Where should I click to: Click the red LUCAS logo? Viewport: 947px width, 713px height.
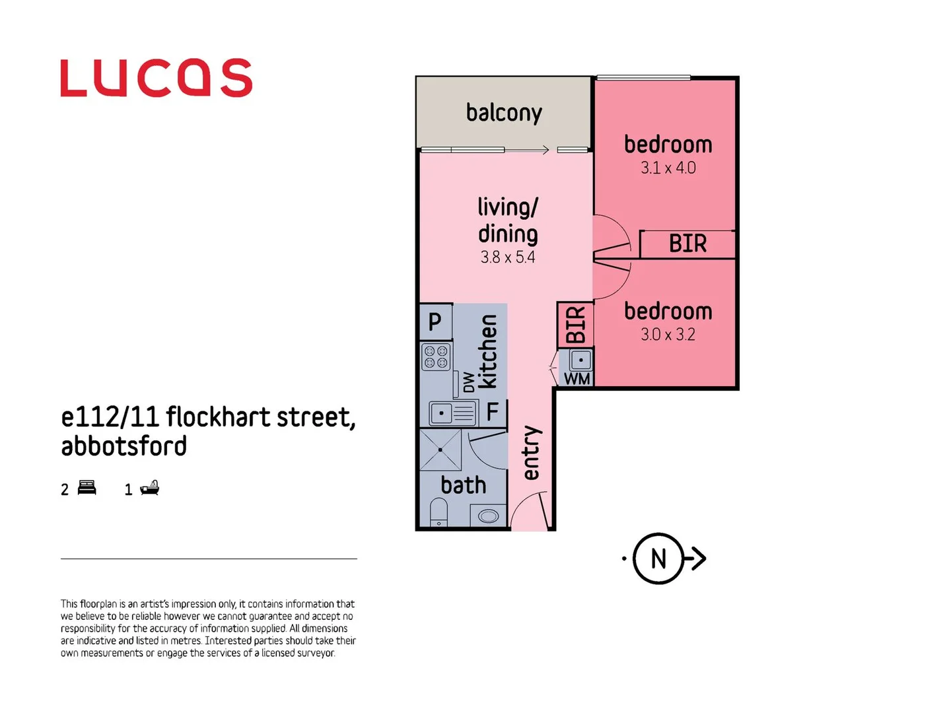pos(156,78)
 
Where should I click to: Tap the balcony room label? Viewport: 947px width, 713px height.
pos(504,113)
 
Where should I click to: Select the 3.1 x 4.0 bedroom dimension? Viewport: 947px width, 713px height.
pos(668,168)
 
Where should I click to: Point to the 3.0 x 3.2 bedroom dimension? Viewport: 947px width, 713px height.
pos(668,335)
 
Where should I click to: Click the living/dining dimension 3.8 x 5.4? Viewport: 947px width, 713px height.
pos(507,257)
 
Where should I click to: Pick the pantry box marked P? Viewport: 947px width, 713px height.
pos(435,322)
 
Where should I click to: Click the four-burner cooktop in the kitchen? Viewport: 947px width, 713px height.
pos(436,357)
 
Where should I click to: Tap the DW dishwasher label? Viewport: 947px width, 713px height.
pos(468,382)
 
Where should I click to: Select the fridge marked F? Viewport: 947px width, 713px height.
pos(493,412)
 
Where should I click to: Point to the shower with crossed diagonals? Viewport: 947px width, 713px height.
pos(440,450)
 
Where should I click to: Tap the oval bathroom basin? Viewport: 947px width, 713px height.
pos(489,516)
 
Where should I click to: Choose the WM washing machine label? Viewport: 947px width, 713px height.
pos(577,379)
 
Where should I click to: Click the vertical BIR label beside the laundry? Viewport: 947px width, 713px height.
pos(576,324)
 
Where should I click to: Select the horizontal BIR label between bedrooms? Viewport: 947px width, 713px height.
pos(687,244)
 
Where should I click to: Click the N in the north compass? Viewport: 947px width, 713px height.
pos(658,559)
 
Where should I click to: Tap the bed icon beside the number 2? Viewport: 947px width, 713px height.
pos(87,489)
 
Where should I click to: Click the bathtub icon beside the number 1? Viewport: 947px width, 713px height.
pos(150,489)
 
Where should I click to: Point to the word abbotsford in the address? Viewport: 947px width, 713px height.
pos(124,446)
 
